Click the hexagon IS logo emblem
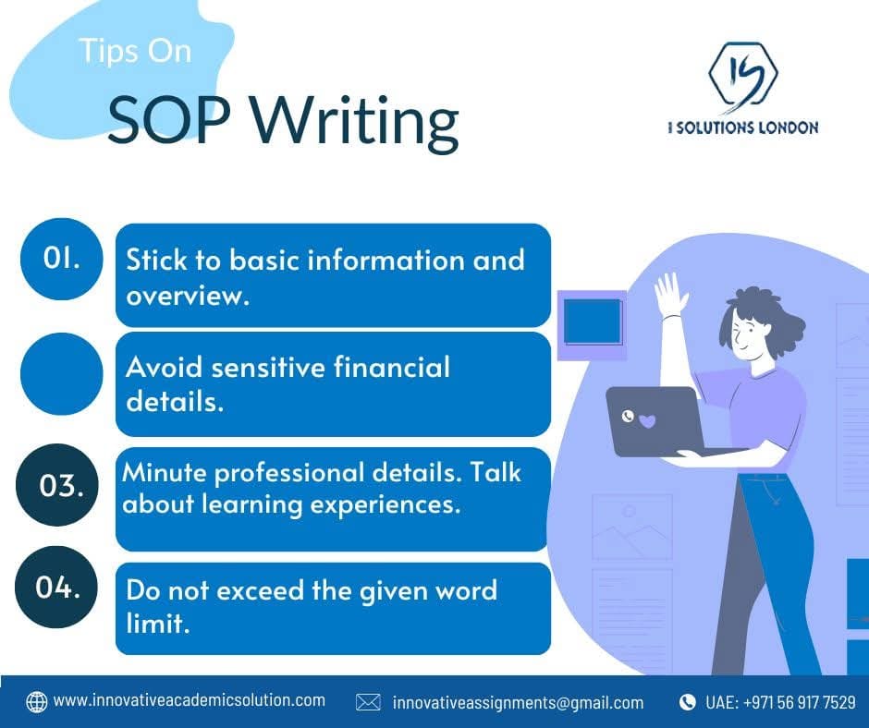tap(741, 76)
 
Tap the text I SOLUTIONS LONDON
tap(742, 127)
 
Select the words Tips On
tap(135, 51)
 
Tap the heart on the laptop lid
tap(647, 421)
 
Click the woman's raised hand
tap(670, 295)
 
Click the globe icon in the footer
tap(37, 701)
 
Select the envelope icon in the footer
tap(368, 702)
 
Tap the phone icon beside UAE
tap(687, 702)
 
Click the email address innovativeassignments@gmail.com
tap(518, 702)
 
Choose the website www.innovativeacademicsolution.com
tap(190, 700)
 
